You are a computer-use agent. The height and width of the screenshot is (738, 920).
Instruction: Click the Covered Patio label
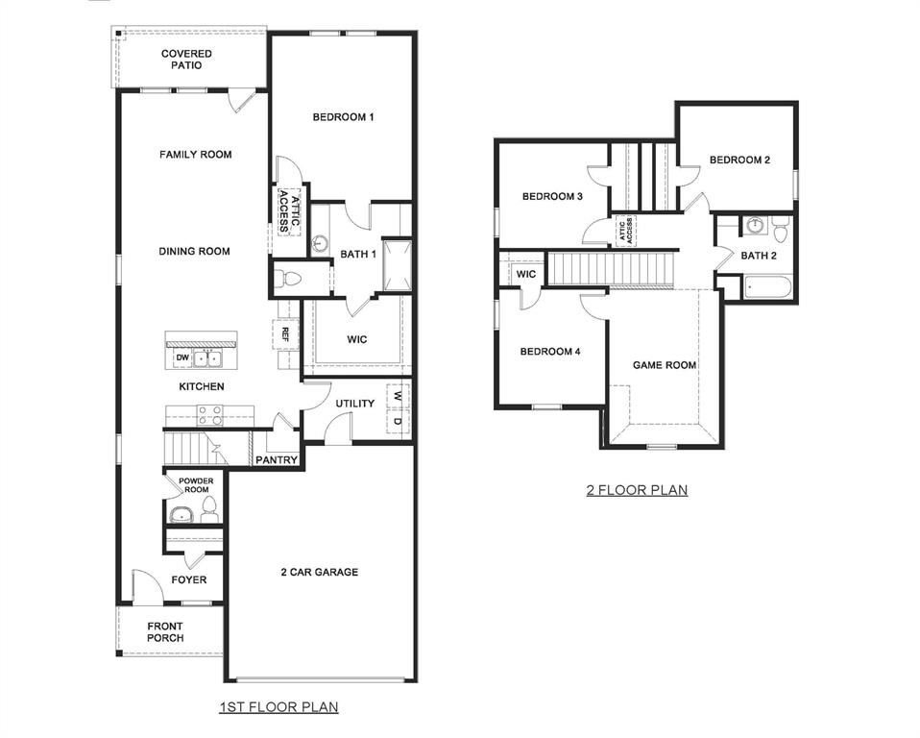point(186,60)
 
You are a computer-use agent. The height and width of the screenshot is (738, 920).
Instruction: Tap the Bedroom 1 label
point(343,117)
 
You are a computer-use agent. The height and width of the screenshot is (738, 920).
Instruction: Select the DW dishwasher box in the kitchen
point(181,358)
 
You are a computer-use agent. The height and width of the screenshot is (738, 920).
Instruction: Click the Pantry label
point(277,460)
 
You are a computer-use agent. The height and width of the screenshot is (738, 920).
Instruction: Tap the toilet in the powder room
point(210,509)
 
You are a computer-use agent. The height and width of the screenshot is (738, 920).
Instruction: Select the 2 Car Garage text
point(319,572)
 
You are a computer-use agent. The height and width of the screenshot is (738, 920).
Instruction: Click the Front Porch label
point(165,631)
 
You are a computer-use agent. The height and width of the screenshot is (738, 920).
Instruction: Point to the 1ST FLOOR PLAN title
point(278,707)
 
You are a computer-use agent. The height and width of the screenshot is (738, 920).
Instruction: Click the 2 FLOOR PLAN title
point(637,490)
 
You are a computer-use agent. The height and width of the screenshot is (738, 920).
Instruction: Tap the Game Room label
point(664,365)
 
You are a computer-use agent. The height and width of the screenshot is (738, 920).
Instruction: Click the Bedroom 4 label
point(549,352)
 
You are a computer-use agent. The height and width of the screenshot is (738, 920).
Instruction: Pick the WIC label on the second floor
point(525,274)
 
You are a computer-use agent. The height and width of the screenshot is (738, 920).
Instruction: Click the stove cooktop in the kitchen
point(210,415)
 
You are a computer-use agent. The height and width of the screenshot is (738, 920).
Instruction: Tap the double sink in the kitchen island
point(208,358)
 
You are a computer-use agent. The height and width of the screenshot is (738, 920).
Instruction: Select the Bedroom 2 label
point(739,160)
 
